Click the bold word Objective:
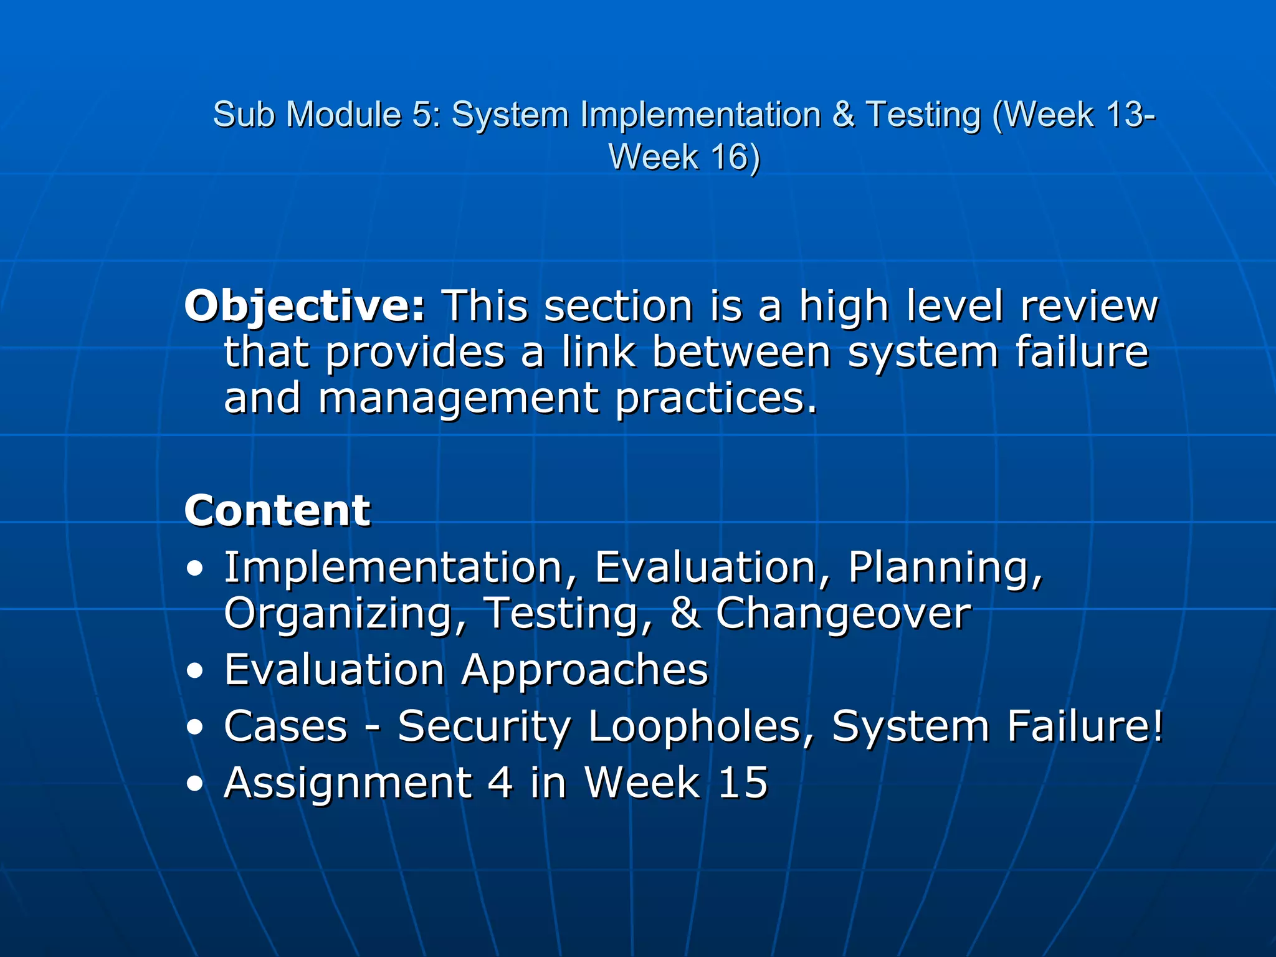pyautogui.click(x=305, y=307)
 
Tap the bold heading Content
pyautogui.click(x=277, y=511)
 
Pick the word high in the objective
pyautogui.click(x=844, y=307)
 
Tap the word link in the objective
pyautogui.click(x=598, y=353)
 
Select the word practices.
pyautogui.click(x=717, y=399)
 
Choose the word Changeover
pyautogui.click(x=843, y=614)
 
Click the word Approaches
pyautogui.click(x=585, y=670)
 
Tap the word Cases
pyautogui.click(x=285, y=726)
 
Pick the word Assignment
pyautogui.click(x=348, y=783)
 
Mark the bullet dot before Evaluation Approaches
pyautogui.click(x=195, y=671)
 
